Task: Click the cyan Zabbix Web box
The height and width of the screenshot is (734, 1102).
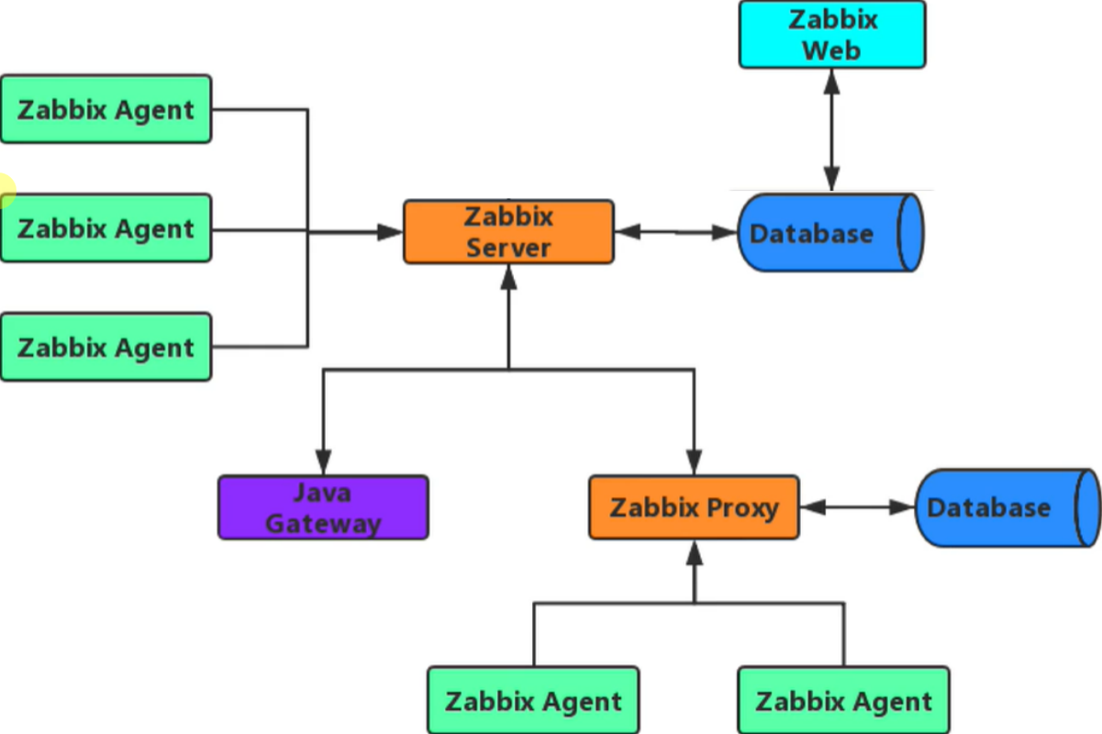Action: (x=832, y=34)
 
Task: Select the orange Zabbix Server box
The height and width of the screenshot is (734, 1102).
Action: (x=508, y=232)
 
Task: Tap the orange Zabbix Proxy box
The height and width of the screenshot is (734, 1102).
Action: (x=694, y=507)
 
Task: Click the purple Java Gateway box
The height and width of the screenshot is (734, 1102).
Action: (x=323, y=507)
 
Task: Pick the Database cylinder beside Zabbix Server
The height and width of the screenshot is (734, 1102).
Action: (x=826, y=233)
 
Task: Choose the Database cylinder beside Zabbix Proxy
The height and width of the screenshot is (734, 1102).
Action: (x=1005, y=507)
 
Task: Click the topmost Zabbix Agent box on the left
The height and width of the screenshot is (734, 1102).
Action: (x=106, y=109)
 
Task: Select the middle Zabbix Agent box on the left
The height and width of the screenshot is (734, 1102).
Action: (x=106, y=228)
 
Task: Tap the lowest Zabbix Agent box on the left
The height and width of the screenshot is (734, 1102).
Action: (x=106, y=347)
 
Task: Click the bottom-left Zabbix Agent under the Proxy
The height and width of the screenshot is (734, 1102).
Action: (x=533, y=702)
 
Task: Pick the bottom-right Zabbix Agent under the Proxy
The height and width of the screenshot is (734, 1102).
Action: (x=843, y=702)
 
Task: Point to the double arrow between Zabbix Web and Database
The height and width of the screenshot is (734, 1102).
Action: (x=832, y=129)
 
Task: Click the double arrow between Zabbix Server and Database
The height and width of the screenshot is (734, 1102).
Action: (x=676, y=233)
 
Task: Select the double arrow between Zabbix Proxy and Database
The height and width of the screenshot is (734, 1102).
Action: (x=857, y=506)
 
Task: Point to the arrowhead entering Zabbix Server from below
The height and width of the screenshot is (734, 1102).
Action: (x=508, y=276)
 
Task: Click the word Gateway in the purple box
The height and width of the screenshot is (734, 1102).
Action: (x=323, y=523)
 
